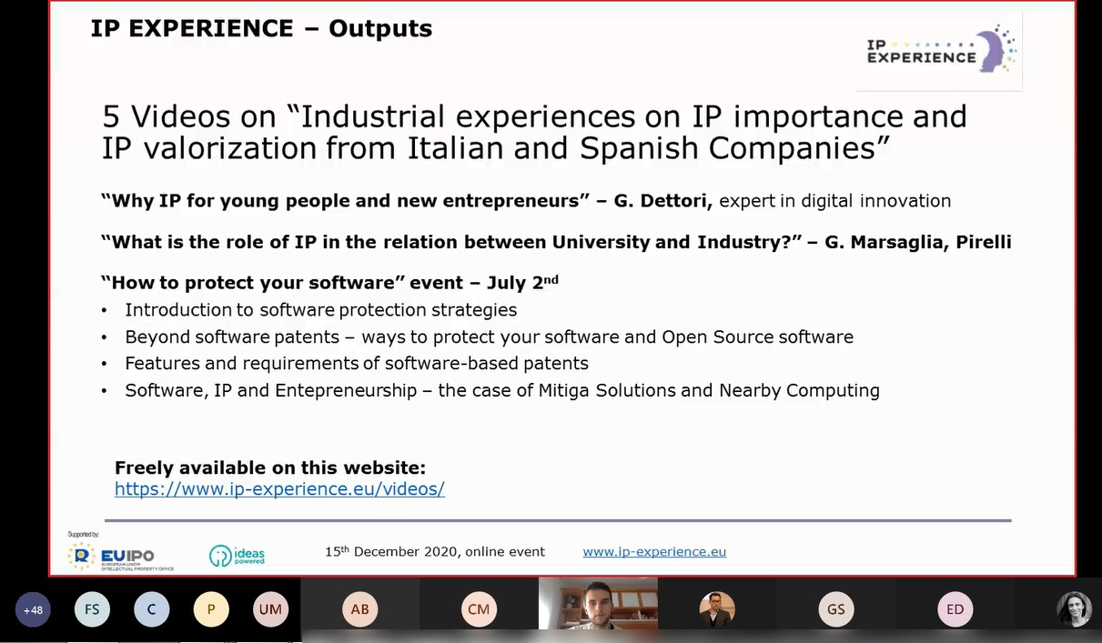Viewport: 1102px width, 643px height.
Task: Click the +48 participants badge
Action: [33, 610]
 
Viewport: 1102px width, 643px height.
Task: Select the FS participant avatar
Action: [92, 609]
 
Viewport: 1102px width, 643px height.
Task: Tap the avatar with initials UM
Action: [270, 609]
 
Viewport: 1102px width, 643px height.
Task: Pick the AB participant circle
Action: [359, 609]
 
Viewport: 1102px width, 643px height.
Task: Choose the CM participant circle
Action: [479, 609]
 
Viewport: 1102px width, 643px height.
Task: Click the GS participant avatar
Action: [836, 609]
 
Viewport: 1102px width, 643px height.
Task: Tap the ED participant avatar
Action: [955, 609]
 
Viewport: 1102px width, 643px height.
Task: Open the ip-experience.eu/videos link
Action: [279, 489]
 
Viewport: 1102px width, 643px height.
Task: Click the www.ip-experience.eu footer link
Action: [654, 551]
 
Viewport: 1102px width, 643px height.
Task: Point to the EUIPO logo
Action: [120, 557]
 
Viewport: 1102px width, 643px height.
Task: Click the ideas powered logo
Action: [238, 556]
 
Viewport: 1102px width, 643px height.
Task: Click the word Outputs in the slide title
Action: [380, 28]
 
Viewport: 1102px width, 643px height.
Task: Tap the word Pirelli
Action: [984, 242]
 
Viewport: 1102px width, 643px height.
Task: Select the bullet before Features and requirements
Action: [104, 364]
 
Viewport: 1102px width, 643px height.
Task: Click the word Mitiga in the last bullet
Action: [563, 390]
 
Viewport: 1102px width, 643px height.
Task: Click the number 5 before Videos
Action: [111, 117]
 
